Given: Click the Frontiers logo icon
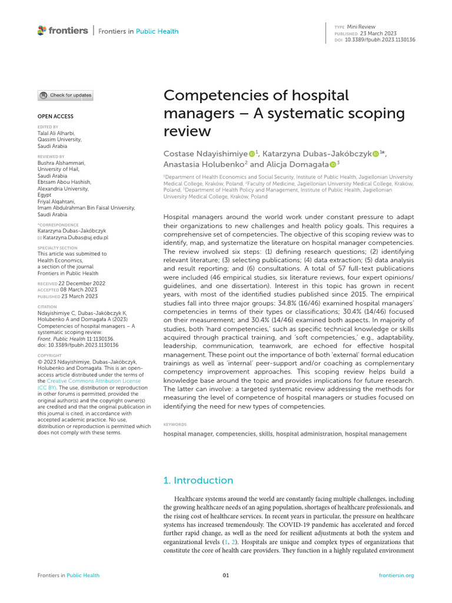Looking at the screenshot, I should [41, 30].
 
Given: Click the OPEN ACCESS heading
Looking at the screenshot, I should [56, 117].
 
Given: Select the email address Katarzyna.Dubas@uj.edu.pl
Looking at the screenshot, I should [75, 237].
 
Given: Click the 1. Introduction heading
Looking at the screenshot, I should [198, 480].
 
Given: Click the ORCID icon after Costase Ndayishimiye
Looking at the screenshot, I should [251, 154].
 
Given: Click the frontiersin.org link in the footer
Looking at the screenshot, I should [397, 575].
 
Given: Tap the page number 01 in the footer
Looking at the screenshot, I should [225, 575].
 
